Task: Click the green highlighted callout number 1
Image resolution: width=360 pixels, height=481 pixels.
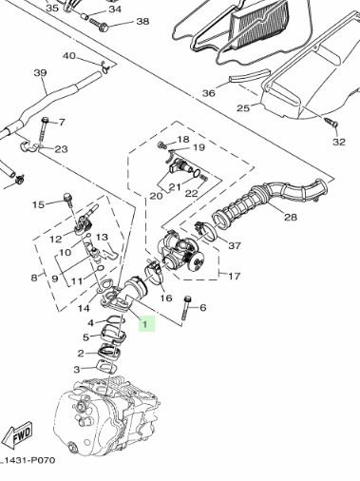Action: [x=146, y=324]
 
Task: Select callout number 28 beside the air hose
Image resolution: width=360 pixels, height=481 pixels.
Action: [x=291, y=217]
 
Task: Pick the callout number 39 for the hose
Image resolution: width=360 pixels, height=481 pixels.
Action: [x=41, y=73]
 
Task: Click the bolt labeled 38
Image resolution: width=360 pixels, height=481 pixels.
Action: [x=100, y=25]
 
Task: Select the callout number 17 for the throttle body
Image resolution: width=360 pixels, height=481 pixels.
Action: [x=234, y=277]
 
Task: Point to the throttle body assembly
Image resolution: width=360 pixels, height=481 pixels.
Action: [x=180, y=251]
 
